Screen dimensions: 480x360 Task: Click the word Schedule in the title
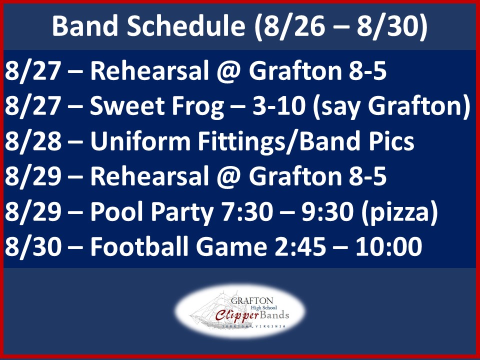[186, 25]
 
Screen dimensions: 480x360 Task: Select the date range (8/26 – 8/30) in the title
[340, 26]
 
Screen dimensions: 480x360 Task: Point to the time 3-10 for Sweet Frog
[279, 106]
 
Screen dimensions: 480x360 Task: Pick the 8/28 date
[33, 141]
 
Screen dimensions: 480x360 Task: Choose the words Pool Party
[152, 212]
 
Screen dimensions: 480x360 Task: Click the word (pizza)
[399, 212]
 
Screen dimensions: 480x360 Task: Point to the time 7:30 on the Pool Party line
[247, 212]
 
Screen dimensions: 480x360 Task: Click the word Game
[231, 247]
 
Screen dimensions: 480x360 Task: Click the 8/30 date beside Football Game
[33, 247]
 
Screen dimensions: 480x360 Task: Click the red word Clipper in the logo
[237, 316]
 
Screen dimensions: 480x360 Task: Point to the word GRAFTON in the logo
[252, 301]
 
